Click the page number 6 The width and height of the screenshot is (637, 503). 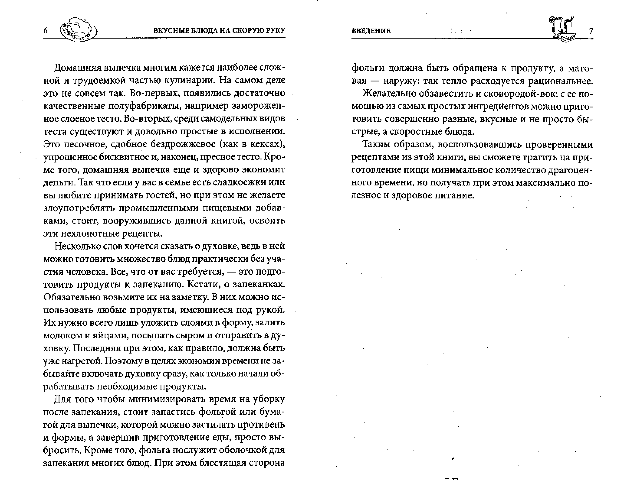[45, 31]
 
